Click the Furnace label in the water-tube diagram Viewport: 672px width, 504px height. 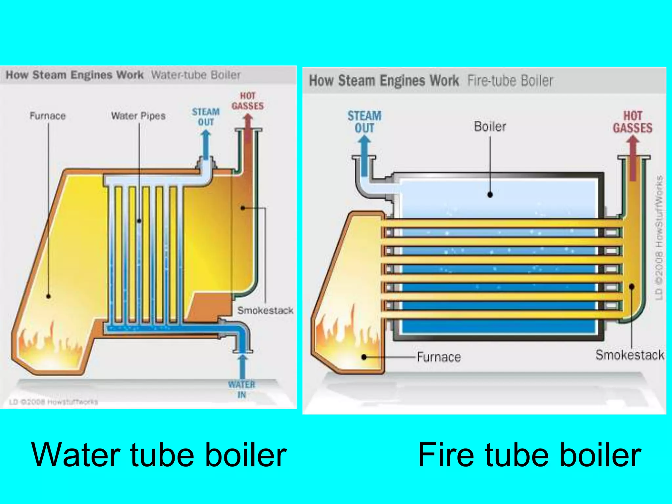point(48,116)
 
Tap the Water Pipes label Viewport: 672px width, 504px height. point(138,116)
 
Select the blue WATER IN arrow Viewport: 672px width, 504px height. point(242,366)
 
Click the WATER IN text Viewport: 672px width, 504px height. point(241,389)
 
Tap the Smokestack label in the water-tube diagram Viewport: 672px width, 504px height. point(265,310)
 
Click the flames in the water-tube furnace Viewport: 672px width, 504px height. point(49,345)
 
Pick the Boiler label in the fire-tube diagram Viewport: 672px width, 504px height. point(490,127)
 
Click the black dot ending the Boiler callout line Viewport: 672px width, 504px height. point(490,195)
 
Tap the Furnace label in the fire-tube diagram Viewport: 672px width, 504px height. point(439,357)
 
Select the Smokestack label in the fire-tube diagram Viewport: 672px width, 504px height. point(630,355)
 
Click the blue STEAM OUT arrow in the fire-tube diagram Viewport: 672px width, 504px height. point(364,154)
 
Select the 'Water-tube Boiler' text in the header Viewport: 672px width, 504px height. point(196,75)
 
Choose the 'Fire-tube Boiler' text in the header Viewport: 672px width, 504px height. point(510,81)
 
